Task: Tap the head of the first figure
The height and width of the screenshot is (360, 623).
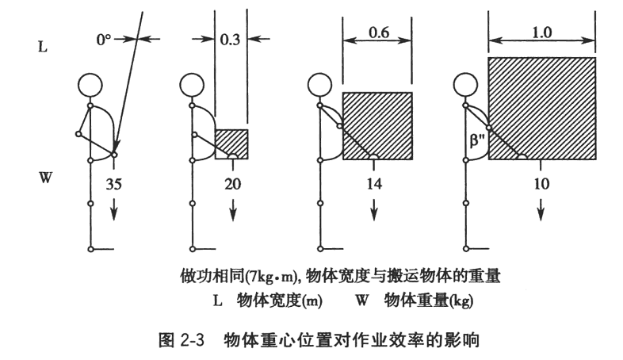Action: [x=91, y=85]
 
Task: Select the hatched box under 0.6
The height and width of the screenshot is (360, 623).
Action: [x=377, y=126]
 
